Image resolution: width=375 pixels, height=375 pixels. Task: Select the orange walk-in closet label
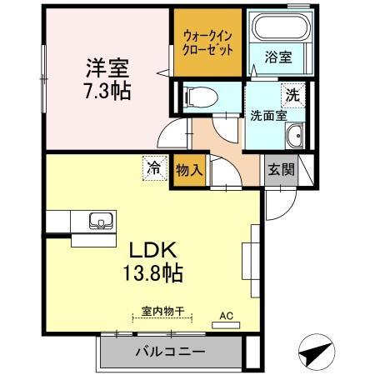click(207, 42)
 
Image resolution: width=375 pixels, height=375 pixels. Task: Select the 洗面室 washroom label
click(267, 116)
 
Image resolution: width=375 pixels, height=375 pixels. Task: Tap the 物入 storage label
click(188, 169)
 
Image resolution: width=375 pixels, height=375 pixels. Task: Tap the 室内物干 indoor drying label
click(162, 311)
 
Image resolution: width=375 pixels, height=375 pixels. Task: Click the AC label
click(225, 316)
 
